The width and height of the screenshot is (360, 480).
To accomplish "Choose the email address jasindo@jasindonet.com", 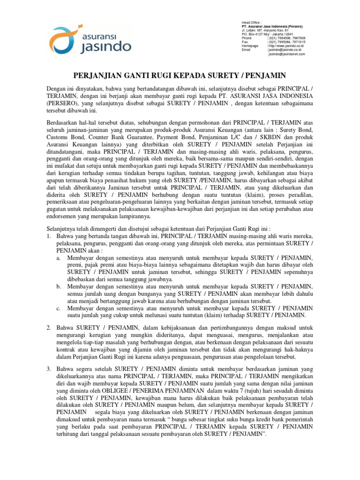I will [x=286, y=54].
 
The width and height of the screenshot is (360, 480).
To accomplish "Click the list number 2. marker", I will [x=49, y=326].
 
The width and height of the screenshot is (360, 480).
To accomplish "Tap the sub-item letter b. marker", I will [x=58, y=286].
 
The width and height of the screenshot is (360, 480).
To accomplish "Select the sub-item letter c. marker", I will [x=58, y=308].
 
